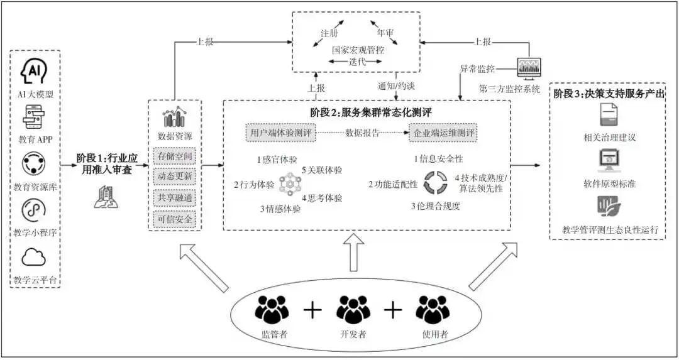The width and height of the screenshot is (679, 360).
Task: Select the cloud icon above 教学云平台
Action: [35, 257]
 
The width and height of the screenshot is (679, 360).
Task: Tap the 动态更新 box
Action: [175, 177]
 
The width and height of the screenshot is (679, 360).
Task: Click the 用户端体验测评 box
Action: [280, 133]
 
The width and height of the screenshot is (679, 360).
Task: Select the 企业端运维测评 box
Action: [443, 133]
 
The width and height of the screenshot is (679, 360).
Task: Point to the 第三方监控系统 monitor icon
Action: [528, 68]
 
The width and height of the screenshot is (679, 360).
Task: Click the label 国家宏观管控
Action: [358, 49]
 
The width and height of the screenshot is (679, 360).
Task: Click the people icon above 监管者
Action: [272, 308]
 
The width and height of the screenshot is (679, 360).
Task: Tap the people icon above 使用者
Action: [433, 308]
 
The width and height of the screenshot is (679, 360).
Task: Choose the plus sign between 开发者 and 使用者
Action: [393, 309]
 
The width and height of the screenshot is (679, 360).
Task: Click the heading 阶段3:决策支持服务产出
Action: [608, 93]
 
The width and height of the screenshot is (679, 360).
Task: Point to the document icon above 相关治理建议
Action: [608, 115]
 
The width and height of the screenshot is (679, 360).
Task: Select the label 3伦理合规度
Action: [435, 205]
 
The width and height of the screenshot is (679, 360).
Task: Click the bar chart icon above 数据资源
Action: [175, 117]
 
